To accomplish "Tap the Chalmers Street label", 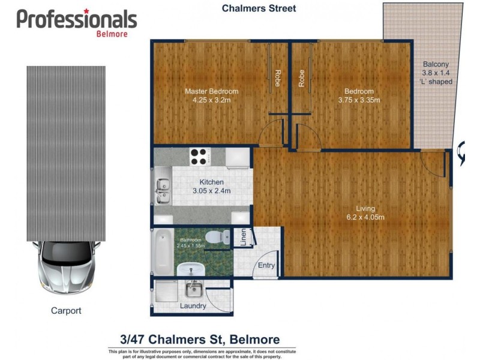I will pos(259,8).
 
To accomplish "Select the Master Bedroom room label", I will pos(211,91).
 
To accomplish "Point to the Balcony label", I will pos(436,64).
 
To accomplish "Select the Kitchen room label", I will pos(212,182).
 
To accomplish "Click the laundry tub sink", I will pos(193,290).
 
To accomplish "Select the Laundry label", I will pos(193,306).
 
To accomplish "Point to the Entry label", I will pos(266,265).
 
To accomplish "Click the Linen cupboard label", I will pos(244,238).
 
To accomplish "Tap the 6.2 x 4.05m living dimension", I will pos(366,217).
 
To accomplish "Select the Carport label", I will pos(65,311).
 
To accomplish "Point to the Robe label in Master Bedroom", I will pos(277,79).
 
